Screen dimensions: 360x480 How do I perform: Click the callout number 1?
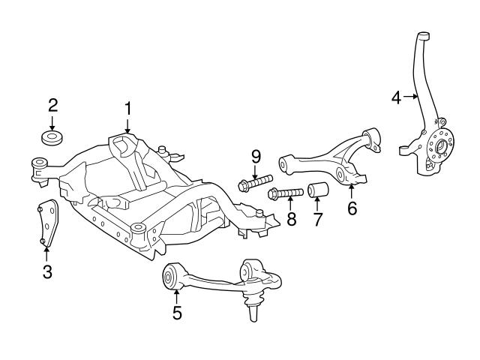(127, 109)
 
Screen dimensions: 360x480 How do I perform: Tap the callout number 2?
(52, 103)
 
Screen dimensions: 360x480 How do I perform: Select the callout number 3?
(46, 272)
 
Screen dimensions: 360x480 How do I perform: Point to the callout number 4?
(397, 96)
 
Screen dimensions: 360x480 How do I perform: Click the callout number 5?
(177, 313)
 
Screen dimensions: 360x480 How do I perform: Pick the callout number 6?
(352, 208)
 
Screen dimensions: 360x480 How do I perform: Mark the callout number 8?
(291, 220)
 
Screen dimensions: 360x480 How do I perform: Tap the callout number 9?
(256, 157)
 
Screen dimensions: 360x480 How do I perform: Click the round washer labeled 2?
(52, 139)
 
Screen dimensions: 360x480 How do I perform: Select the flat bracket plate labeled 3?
(48, 221)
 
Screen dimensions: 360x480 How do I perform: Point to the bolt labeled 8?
(285, 193)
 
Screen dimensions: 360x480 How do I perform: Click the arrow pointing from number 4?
(411, 96)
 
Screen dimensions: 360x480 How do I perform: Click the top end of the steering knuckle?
(424, 34)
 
